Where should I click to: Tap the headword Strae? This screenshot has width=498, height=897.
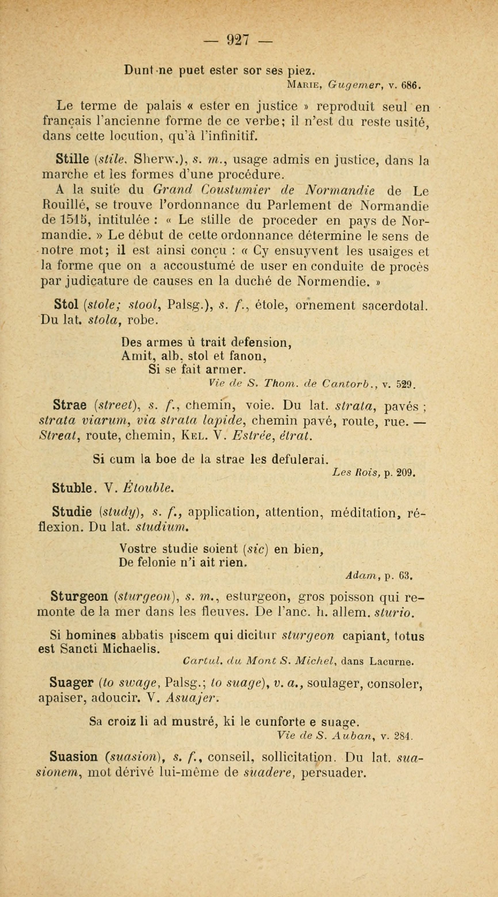click(x=70, y=405)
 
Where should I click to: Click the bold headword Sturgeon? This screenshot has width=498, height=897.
click(x=79, y=596)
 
